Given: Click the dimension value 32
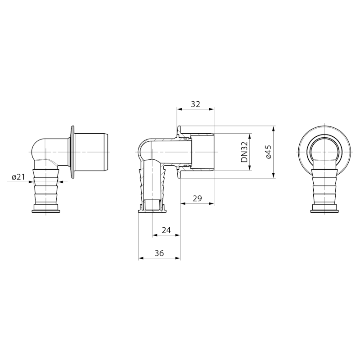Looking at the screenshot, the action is (x=196, y=104).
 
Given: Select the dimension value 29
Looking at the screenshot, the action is (x=197, y=198).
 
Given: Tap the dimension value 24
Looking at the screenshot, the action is (x=166, y=230).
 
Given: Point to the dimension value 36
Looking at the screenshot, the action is (x=159, y=253).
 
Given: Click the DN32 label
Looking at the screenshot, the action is (x=244, y=152).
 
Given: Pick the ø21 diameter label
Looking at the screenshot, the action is (x=18, y=177).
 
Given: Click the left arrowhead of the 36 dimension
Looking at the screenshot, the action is (x=141, y=258).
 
